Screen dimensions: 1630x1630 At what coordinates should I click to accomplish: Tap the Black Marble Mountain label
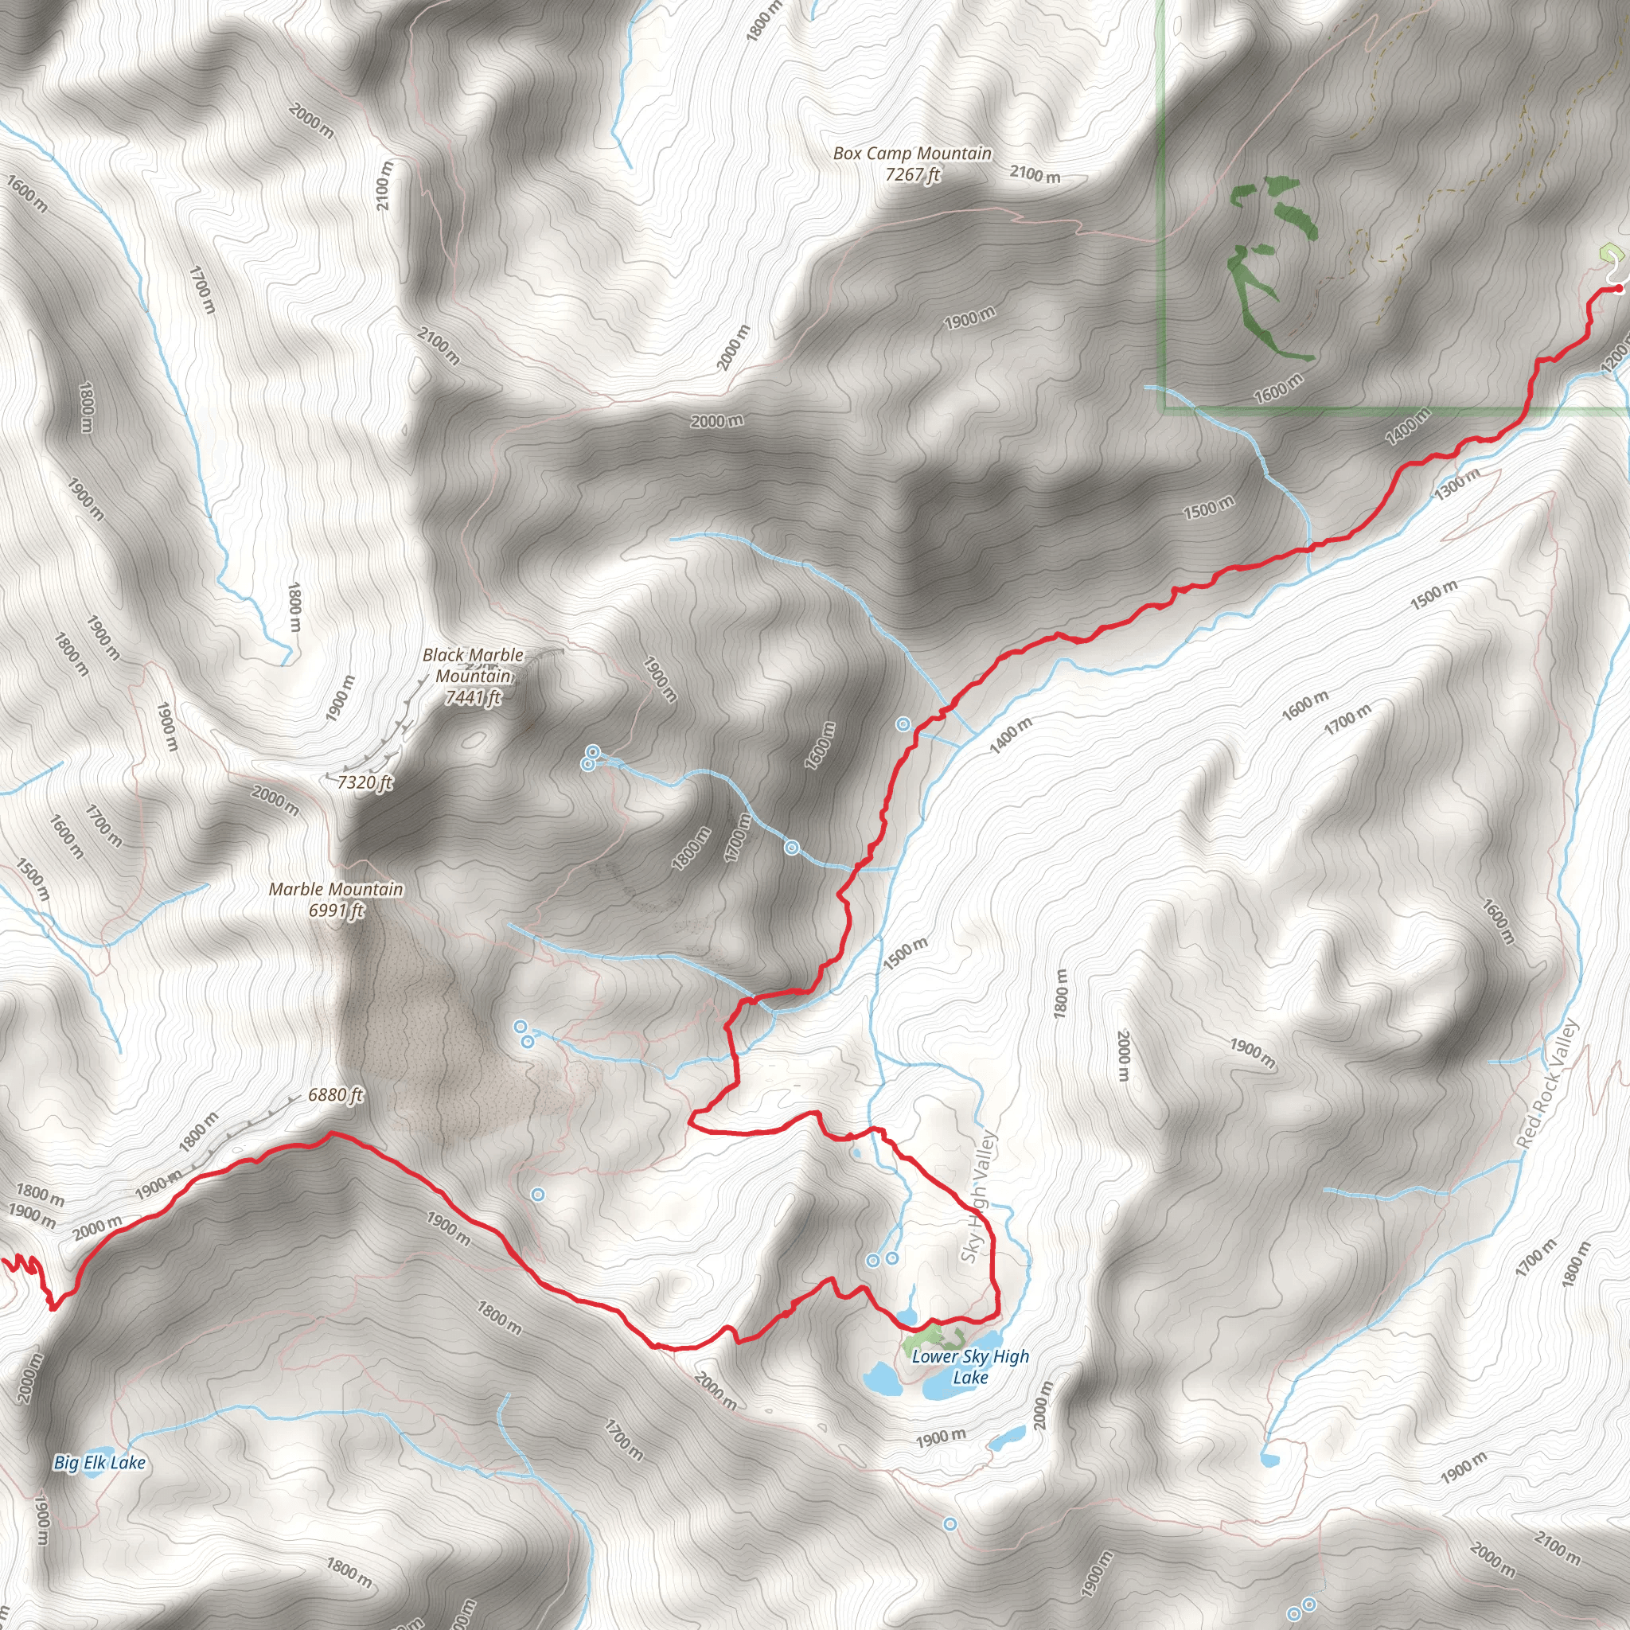coord(473,676)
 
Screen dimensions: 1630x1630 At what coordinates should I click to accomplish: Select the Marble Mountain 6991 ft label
coord(336,899)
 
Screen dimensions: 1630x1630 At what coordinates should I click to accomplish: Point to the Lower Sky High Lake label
coord(970,1367)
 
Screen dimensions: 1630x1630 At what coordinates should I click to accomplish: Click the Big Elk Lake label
coord(99,1463)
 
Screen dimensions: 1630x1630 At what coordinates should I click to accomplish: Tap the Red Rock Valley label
coord(1546,1083)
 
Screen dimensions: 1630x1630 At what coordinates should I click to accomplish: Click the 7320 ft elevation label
coord(365,782)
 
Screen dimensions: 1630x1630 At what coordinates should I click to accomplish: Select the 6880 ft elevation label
coord(335,1095)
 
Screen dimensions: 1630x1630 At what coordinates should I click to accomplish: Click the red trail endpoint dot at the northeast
coord(1617,289)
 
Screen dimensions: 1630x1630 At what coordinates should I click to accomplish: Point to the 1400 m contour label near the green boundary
coord(1408,425)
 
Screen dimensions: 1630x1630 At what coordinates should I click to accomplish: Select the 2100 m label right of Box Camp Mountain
coord(1035,174)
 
